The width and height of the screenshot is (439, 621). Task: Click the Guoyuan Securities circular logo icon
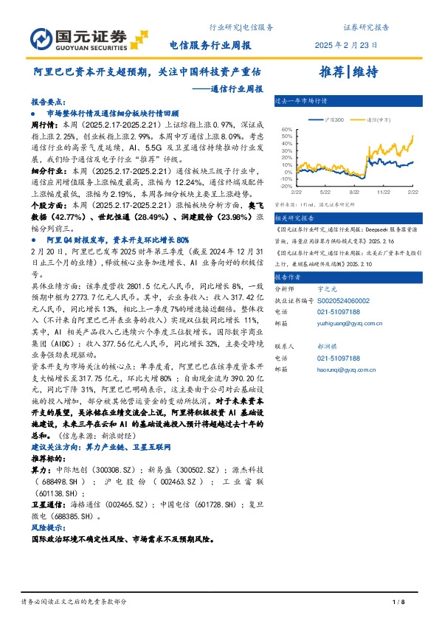click(x=42, y=37)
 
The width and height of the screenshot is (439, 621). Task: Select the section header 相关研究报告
click(x=294, y=218)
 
